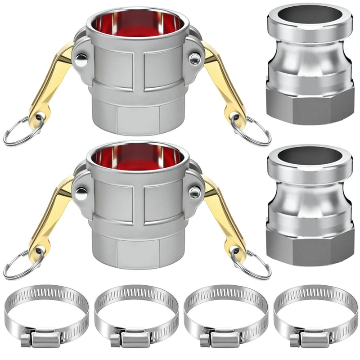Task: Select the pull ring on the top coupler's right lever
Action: (x=252, y=130)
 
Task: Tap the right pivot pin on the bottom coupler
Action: (x=195, y=193)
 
